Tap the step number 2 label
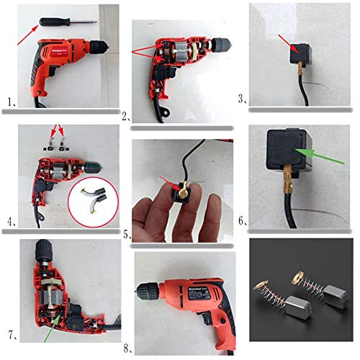tap(126, 116)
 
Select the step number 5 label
tap(127, 234)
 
